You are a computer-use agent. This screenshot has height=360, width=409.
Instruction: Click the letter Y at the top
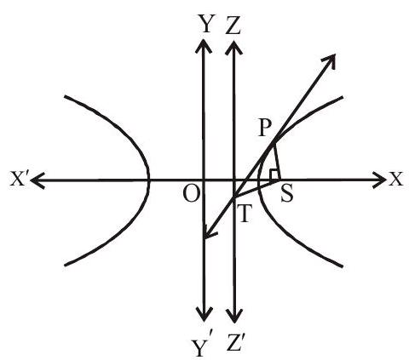tap(206, 24)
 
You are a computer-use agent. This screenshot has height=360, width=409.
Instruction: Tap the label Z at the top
tap(233, 26)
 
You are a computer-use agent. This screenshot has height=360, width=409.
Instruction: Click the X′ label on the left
tap(20, 179)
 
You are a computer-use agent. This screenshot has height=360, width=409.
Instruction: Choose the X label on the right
tap(396, 180)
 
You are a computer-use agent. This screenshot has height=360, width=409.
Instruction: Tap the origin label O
tap(190, 194)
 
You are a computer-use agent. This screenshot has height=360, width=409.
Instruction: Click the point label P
tap(265, 128)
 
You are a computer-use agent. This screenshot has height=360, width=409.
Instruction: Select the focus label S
tap(286, 194)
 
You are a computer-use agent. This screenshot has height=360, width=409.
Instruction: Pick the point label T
tap(244, 214)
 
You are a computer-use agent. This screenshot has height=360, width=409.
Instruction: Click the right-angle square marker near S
tap(274, 174)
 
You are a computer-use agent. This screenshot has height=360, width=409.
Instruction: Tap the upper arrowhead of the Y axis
tap(203, 45)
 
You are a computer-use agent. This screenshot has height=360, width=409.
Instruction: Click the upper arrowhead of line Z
tap(233, 47)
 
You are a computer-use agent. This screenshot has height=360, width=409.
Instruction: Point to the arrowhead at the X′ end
tap(37, 180)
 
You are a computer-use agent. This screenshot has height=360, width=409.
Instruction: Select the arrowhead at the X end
tap(379, 180)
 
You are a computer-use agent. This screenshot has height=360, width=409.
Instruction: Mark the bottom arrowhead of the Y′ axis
tap(204, 314)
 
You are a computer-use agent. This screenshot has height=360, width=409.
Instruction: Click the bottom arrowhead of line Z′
tap(233, 316)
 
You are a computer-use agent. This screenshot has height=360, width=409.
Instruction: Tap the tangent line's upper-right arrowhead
tap(330, 60)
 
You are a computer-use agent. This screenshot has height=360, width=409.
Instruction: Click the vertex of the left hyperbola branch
tap(148, 180)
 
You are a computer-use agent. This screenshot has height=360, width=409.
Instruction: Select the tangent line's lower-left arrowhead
tap(210, 231)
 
